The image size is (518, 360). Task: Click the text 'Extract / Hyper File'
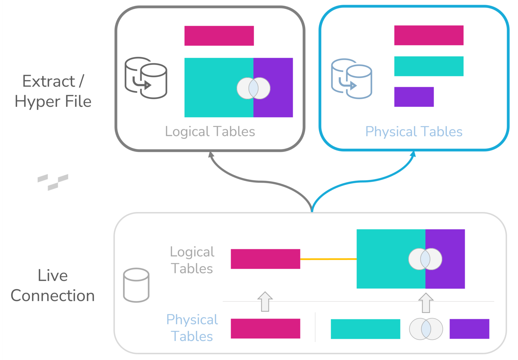[x=53, y=91]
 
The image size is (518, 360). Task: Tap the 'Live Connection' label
[x=53, y=286]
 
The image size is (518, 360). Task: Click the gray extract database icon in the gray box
[x=146, y=78]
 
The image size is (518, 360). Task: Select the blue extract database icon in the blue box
[x=351, y=79]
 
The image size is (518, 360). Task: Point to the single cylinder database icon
[x=136, y=285]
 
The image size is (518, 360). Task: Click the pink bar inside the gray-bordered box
[x=219, y=36]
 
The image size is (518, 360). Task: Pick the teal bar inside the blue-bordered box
[x=429, y=66]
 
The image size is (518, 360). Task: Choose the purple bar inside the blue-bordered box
[x=414, y=97]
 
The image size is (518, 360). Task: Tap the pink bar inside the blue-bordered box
[x=429, y=35]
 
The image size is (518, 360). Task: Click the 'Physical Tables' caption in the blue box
[x=414, y=131]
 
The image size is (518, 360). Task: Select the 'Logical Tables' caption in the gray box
[x=210, y=131]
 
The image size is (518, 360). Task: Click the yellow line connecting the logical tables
[x=328, y=259]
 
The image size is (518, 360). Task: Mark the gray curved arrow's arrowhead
[x=211, y=155]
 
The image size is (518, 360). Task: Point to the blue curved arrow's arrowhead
[x=413, y=154]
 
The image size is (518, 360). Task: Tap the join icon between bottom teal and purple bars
[x=426, y=329]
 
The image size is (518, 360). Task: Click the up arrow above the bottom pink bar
[x=265, y=301]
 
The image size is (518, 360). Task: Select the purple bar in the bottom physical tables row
[x=469, y=329]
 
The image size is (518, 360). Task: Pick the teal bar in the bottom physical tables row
[x=365, y=329]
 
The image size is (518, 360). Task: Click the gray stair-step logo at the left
[x=53, y=182]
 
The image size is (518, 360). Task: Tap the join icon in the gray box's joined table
[x=253, y=88]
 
